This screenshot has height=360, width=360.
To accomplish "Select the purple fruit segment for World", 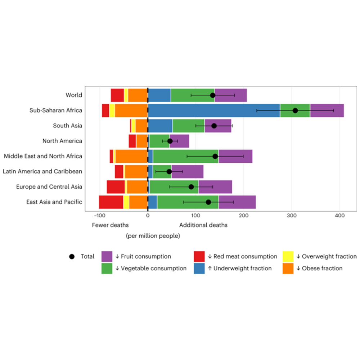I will (x=231, y=95).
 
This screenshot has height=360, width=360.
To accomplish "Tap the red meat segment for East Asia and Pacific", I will (x=111, y=202).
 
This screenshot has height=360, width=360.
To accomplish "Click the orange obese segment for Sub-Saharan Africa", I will (x=131, y=111).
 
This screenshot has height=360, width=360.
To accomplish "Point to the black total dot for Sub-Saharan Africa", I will (x=295, y=111).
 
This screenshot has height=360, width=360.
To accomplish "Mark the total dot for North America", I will (x=170, y=141).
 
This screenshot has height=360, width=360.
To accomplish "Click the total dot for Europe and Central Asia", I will (x=191, y=186).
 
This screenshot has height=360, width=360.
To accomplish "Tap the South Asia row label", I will (x=67, y=126).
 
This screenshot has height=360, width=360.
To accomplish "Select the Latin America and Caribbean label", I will (x=42, y=171).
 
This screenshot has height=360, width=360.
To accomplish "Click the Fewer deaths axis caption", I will (x=110, y=225).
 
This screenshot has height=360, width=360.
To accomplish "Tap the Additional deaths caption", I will (x=203, y=225).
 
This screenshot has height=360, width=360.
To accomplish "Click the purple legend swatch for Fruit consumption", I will (x=107, y=257).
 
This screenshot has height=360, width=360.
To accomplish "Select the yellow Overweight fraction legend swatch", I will (x=288, y=257).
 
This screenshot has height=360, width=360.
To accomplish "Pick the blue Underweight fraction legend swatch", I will (x=199, y=268).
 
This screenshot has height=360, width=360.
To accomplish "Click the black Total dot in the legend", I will (x=72, y=257).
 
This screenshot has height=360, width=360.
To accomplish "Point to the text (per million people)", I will (x=153, y=236).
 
